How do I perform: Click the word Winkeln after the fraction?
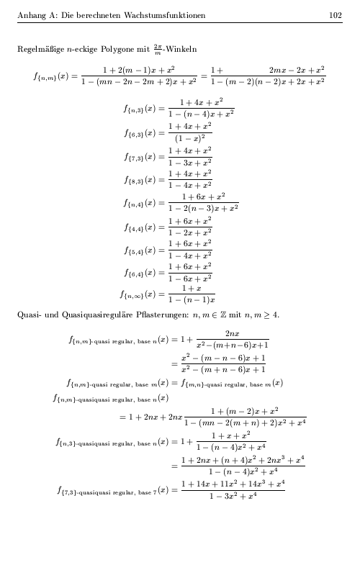181,49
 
